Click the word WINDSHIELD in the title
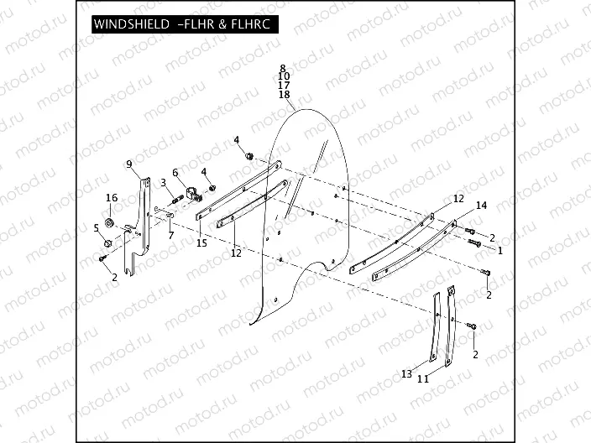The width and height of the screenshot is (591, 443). coord(131,25)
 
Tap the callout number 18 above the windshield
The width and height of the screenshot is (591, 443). coord(284,96)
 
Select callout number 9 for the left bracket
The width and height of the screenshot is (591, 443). coord(129,164)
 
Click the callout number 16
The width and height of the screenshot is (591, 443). coord(110,197)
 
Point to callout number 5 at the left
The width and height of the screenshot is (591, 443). coord(97,227)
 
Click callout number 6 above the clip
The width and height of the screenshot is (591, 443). coord(176,173)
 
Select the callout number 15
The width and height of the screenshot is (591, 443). coord(201,243)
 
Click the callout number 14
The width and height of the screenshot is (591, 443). coord(481,206)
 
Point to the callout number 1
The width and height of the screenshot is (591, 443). coord(499,250)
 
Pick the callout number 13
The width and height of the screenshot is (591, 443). coord(406,373)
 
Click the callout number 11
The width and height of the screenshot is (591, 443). coord(423,379)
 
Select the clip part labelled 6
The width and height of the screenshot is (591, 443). coord(192,195)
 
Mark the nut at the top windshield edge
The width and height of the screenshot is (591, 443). coord(249,156)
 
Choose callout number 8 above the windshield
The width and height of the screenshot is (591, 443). coord(284,67)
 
